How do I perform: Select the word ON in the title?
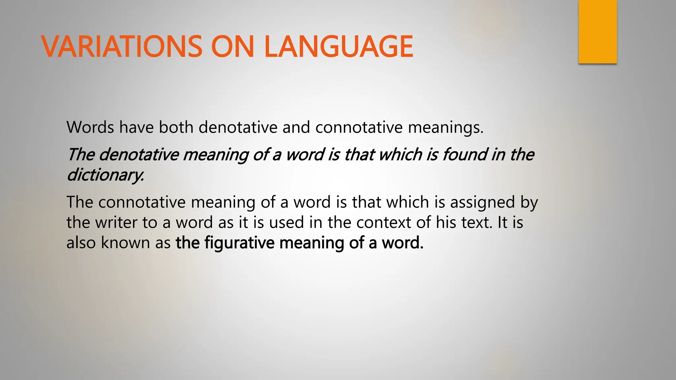coord(232,47)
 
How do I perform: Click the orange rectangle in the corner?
coord(597,32)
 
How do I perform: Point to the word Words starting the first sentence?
coord(90,127)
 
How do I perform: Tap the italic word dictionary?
coord(105,175)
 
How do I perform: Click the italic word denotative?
coord(139,154)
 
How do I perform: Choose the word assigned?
coord(482,203)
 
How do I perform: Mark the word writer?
coord(116,222)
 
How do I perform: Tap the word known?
coord(125,243)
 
